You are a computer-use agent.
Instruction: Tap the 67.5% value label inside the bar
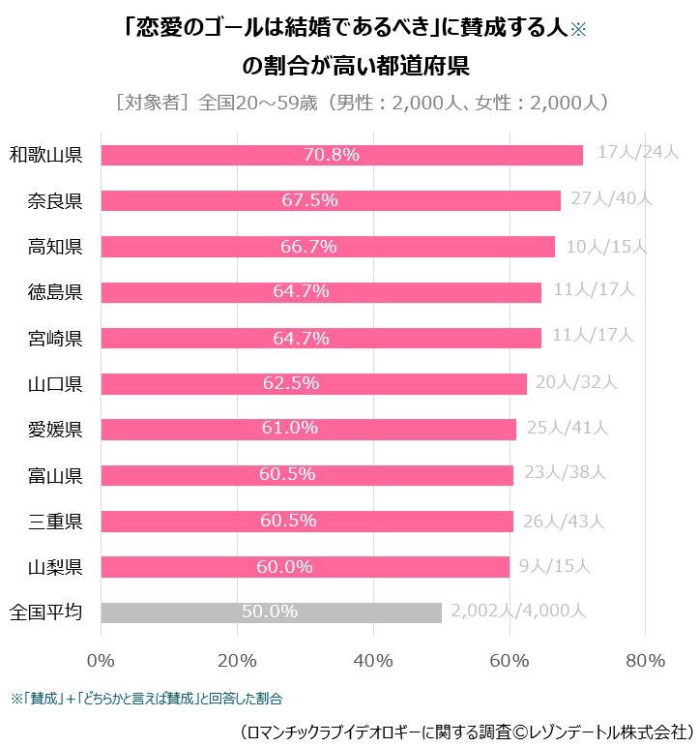309,200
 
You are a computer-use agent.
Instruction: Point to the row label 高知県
55,247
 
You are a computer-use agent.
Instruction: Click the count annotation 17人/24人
639,153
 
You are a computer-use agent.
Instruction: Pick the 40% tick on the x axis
373,661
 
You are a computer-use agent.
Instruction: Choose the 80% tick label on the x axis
645,661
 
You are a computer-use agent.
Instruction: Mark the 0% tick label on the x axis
101,661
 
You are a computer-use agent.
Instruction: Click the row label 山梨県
55,567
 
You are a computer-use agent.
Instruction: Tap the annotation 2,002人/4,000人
518,611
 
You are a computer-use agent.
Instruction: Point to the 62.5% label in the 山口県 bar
291,383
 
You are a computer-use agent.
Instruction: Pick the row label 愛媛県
55,430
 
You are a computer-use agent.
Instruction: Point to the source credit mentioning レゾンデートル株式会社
465,728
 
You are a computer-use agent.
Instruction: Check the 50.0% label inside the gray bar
270,613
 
